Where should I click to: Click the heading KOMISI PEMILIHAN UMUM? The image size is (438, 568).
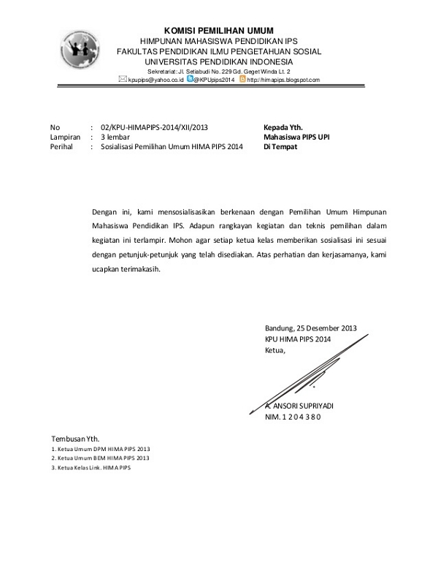(x=218, y=30)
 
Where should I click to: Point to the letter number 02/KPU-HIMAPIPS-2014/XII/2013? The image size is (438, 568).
(x=159, y=126)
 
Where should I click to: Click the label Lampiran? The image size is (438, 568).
(x=65, y=136)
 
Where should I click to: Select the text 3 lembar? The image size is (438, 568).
(x=116, y=136)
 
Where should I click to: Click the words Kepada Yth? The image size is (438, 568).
(x=283, y=126)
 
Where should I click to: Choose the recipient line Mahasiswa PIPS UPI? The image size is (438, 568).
(x=296, y=136)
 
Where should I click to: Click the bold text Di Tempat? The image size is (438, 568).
(x=280, y=146)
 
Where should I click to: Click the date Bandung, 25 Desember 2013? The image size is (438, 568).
(x=311, y=328)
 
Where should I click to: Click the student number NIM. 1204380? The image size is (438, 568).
(x=293, y=417)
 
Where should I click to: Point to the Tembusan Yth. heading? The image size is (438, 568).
(x=74, y=437)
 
